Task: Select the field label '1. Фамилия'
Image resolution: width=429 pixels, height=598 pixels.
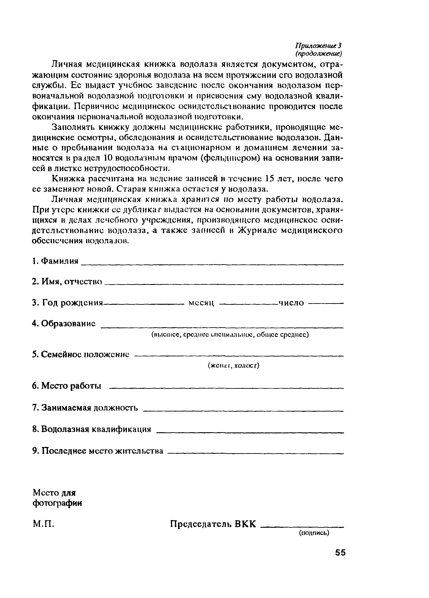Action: (55, 261)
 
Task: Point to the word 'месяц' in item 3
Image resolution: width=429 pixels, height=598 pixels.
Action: (201, 303)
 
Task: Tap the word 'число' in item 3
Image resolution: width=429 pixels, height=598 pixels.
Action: (291, 303)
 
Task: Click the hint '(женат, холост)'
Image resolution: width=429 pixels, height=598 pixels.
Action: (234, 366)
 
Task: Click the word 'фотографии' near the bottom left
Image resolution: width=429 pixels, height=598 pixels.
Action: (57, 503)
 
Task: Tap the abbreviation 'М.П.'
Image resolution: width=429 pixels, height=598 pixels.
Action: (43, 524)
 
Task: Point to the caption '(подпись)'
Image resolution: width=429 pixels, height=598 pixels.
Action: (314, 533)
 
